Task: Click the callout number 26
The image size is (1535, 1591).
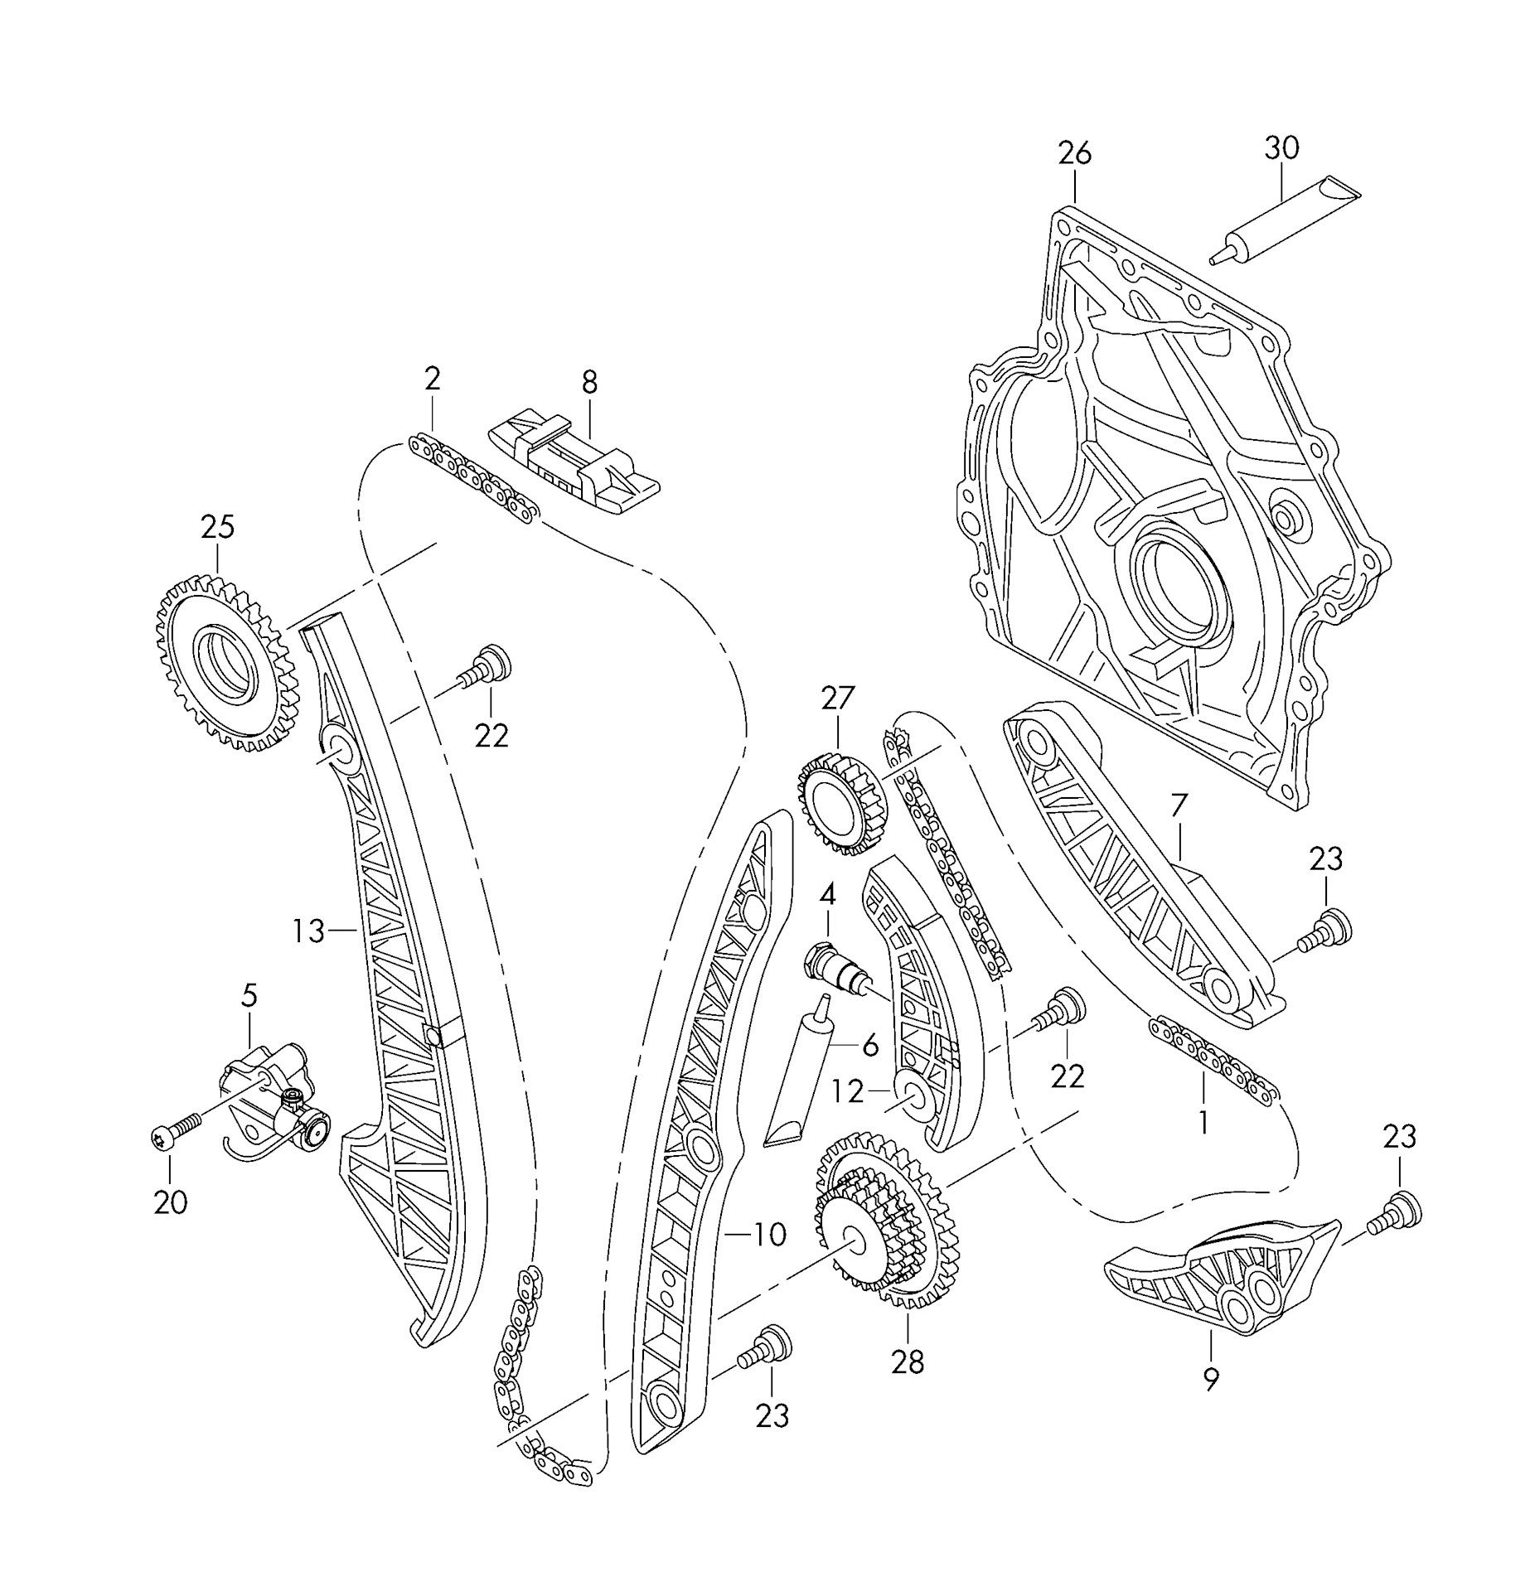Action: [1074, 153]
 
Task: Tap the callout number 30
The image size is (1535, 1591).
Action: [1281, 147]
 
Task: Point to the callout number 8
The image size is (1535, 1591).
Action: [588, 382]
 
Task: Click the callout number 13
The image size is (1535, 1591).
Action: [307, 931]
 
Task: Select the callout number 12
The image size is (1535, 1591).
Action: [847, 1092]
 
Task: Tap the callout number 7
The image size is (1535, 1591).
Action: [1179, 805]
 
